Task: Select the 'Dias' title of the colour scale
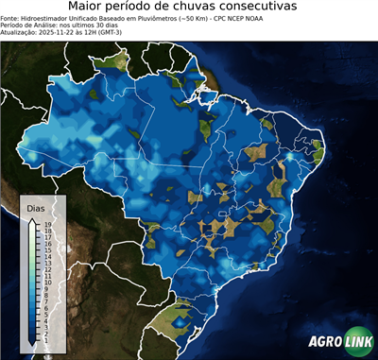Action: (35, 207)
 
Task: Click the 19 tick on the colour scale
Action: (46, 224)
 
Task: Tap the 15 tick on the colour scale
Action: (46, 248)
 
